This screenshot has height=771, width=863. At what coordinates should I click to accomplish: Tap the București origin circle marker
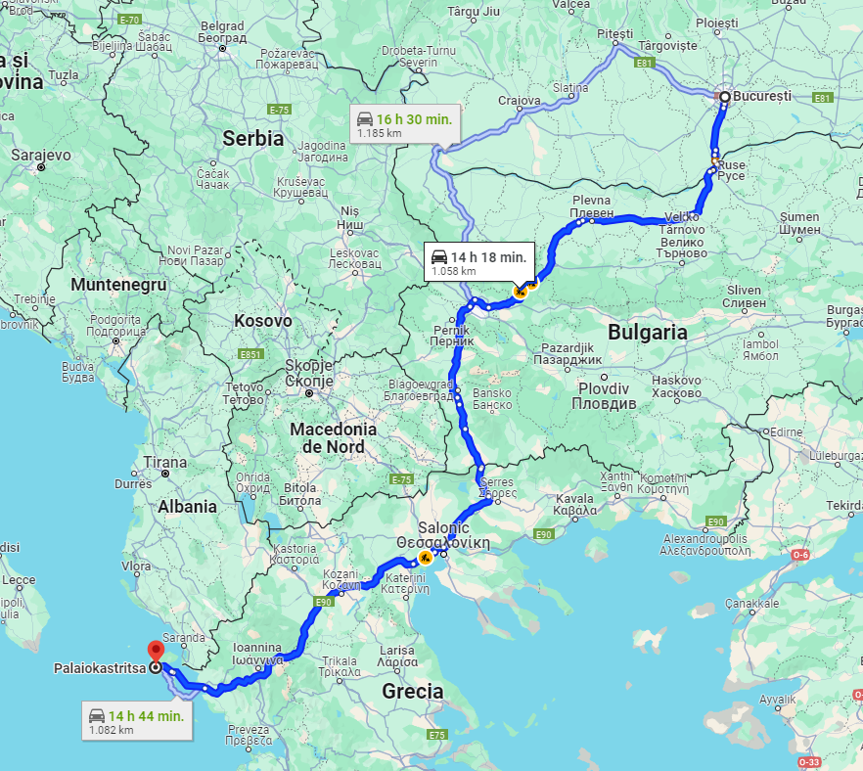click(724, 97)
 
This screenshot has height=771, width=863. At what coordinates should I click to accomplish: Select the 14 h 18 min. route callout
click(479, 262)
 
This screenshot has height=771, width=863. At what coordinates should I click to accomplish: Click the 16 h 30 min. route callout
click(404, 124)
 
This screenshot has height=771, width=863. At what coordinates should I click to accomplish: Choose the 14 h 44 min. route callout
click(136, 721)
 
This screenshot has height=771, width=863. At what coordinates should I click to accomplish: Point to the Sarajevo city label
click(41, 155)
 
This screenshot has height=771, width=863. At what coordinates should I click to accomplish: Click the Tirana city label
click(164, 462)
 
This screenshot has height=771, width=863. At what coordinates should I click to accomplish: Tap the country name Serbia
click(252, 138)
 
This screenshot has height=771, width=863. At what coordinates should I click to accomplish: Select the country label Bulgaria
click(647, 332)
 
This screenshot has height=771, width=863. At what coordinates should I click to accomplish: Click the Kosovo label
click(262, 320)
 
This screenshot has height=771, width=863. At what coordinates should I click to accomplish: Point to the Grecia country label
click(412, 691)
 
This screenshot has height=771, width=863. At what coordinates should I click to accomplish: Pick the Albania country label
click(187, 506)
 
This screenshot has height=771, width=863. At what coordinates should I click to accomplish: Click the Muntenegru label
click(118, 285)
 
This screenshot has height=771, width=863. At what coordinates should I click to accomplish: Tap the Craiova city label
click(519, 100)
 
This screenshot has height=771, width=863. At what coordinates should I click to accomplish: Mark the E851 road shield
click(251, 353)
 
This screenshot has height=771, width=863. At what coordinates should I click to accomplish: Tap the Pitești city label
click(615, 33)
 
